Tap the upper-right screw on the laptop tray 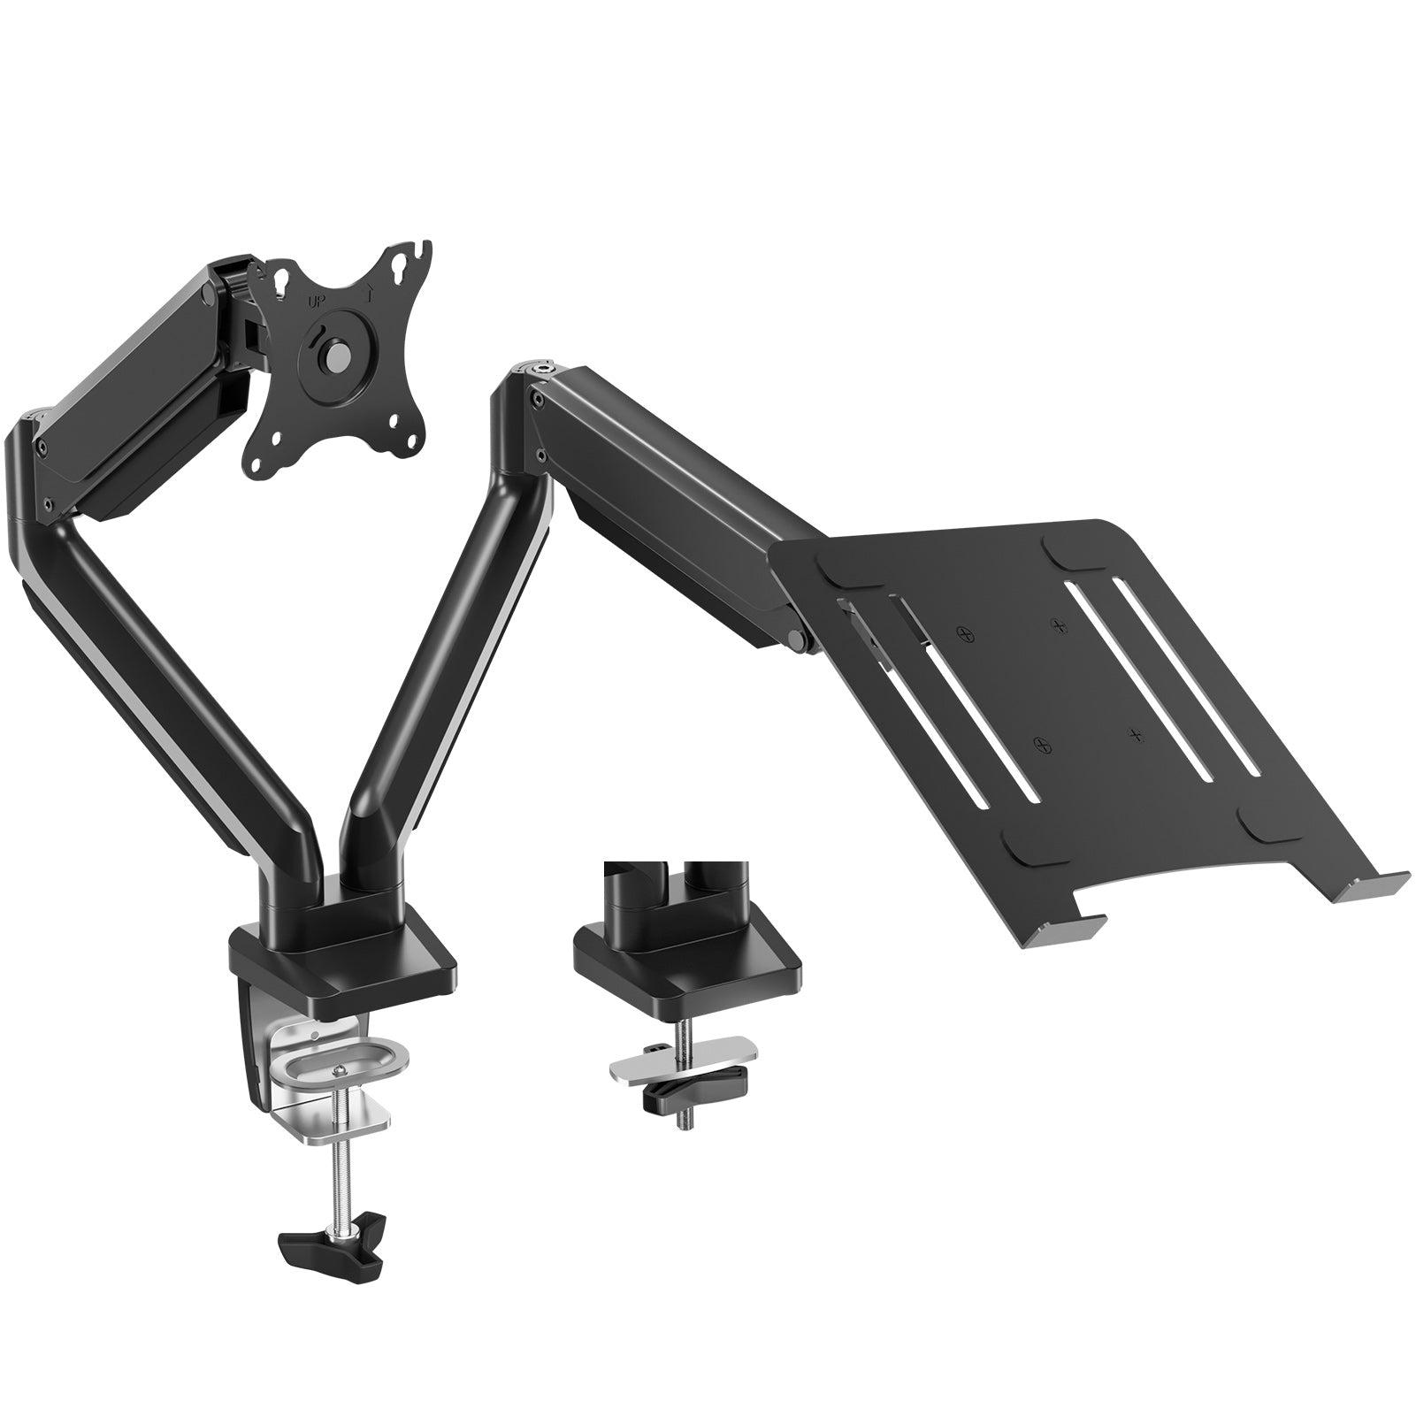[x=1058, y=625]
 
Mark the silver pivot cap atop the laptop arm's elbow [x=538, y=363]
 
